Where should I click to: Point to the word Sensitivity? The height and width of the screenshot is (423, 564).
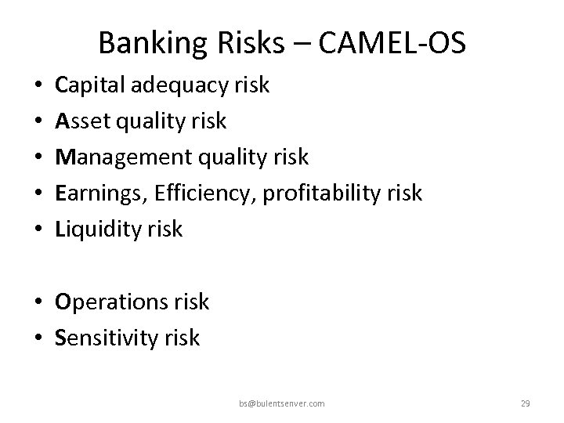coord(101,337)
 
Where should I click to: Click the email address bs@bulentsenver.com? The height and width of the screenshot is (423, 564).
coord(282,403)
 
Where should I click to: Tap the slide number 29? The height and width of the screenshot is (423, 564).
coord(526,403)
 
